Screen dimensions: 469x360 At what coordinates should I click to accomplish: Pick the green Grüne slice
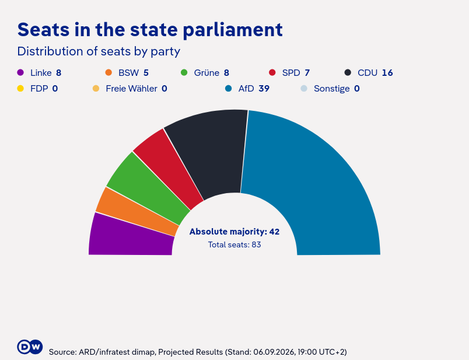[146, 189]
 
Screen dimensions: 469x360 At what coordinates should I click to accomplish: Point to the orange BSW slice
[135, 212]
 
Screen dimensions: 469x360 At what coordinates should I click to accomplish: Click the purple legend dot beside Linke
[20, 73]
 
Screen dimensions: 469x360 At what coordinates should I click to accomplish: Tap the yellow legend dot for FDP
[20, 89]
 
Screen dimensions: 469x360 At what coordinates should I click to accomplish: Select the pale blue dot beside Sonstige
[303, 89]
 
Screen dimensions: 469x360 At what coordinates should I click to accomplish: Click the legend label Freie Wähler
[132, 89]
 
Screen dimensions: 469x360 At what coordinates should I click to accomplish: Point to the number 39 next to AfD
[264, 89]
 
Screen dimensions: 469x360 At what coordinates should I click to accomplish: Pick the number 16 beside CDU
[387, 73]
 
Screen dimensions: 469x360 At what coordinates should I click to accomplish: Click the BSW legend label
[128, 73]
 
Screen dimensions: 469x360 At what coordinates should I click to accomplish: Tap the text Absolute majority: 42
[235, 232]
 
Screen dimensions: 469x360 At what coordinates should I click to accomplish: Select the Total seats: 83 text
[235, 245]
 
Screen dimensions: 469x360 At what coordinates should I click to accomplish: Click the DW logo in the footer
[30, 347]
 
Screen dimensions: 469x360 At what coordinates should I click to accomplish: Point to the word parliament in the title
[233, 30]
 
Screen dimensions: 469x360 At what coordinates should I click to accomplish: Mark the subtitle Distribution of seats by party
[99, 51]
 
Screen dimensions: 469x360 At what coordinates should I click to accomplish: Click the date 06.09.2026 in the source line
[274, 352]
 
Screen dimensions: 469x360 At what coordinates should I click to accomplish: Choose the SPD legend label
[291, 73]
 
